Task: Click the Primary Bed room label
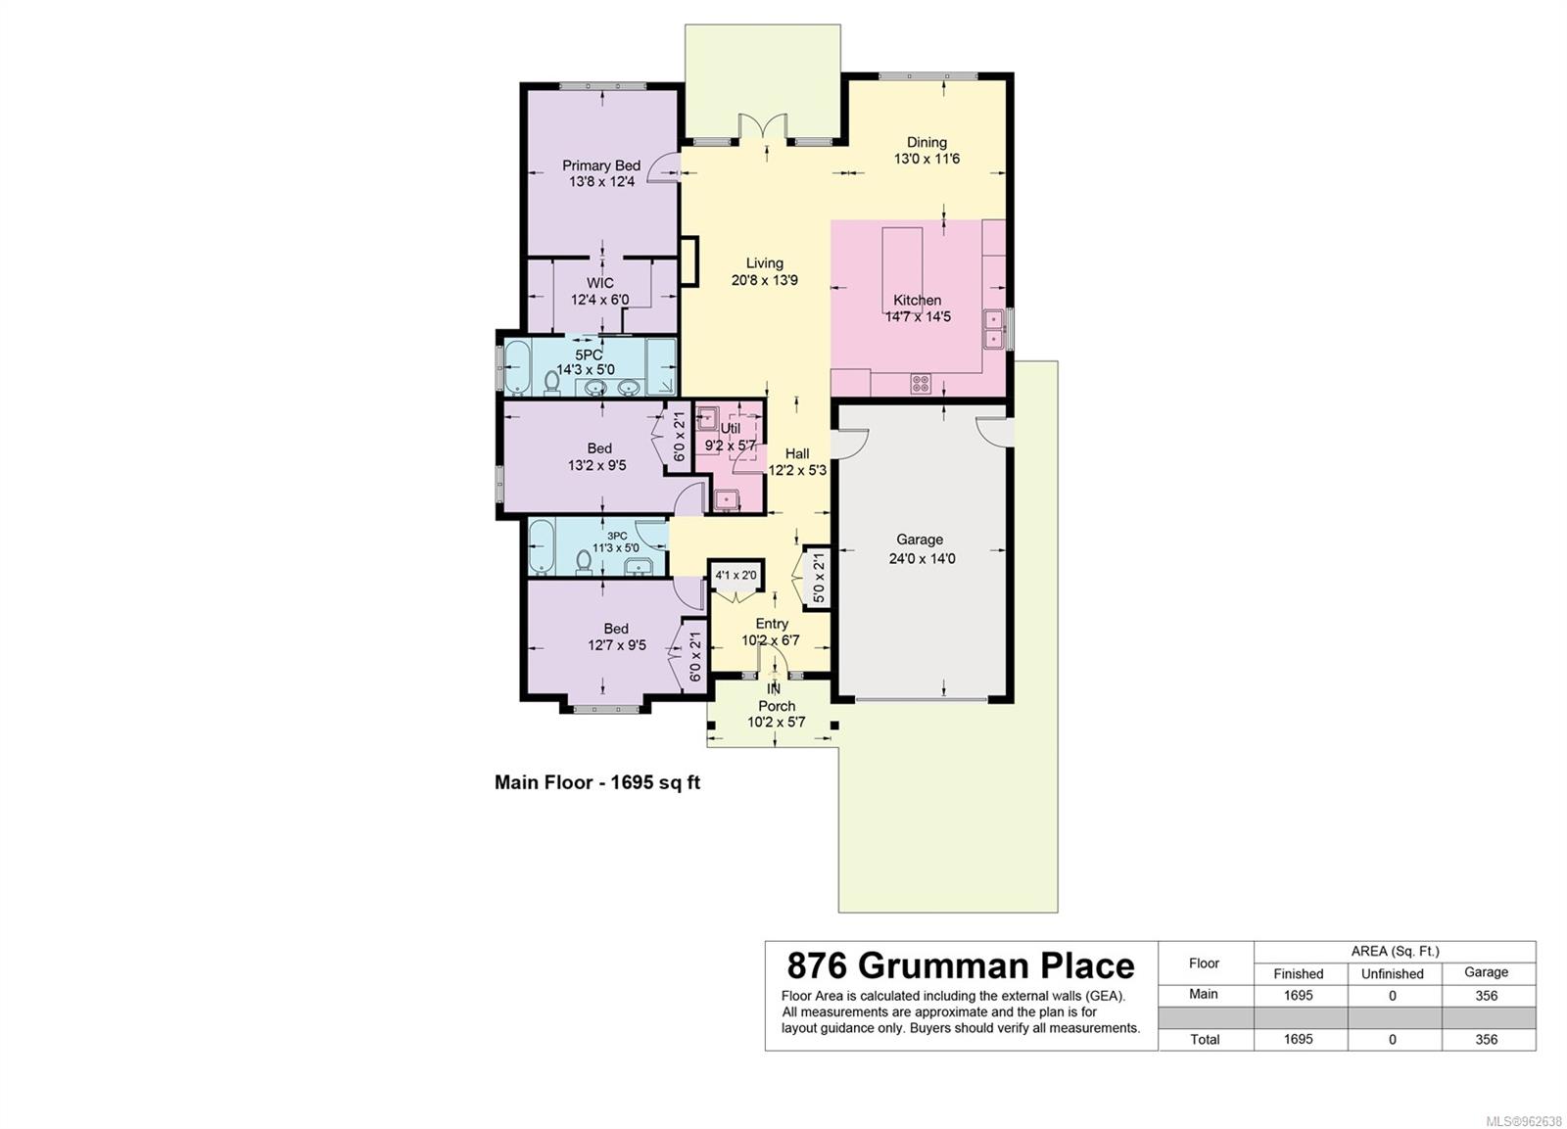[x=601, y=165]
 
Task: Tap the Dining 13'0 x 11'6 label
[x=926, y=151]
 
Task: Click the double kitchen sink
[x=993, y=329]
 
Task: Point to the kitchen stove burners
[x=921, y=383]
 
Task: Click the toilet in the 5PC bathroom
[x=552, y=383]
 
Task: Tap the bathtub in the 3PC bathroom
[x=543, y=546]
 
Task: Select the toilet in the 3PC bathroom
[x=583, y=562]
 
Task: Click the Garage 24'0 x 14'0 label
[x=922, y=549]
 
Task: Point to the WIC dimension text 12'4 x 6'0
[x=599, y=300]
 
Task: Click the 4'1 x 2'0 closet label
[x=736, y=576]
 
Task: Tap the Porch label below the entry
[x=777, y=707]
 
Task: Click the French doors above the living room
[x=763, y=128]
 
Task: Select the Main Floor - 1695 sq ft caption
[x=596, y=782]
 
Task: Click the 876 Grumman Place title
[x=961, y=966]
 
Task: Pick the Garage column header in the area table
[x=1487, y=972]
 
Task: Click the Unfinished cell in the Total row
[x=1392, y=1040]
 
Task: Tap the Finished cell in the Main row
[x=1299, y=996]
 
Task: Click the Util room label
[x=730, y=429]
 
